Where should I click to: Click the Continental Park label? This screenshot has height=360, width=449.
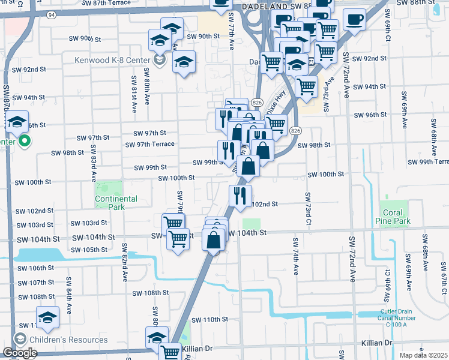click(116, 202)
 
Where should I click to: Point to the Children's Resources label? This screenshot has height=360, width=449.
click(70, 340)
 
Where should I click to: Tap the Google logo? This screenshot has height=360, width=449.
click(19, 353)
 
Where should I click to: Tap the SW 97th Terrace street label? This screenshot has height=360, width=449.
click(150, 144)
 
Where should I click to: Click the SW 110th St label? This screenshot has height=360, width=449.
click(204, 319)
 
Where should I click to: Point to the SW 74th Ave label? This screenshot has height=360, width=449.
click(295, 256)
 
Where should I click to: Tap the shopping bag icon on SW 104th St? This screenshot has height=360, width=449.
click(214, 239)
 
